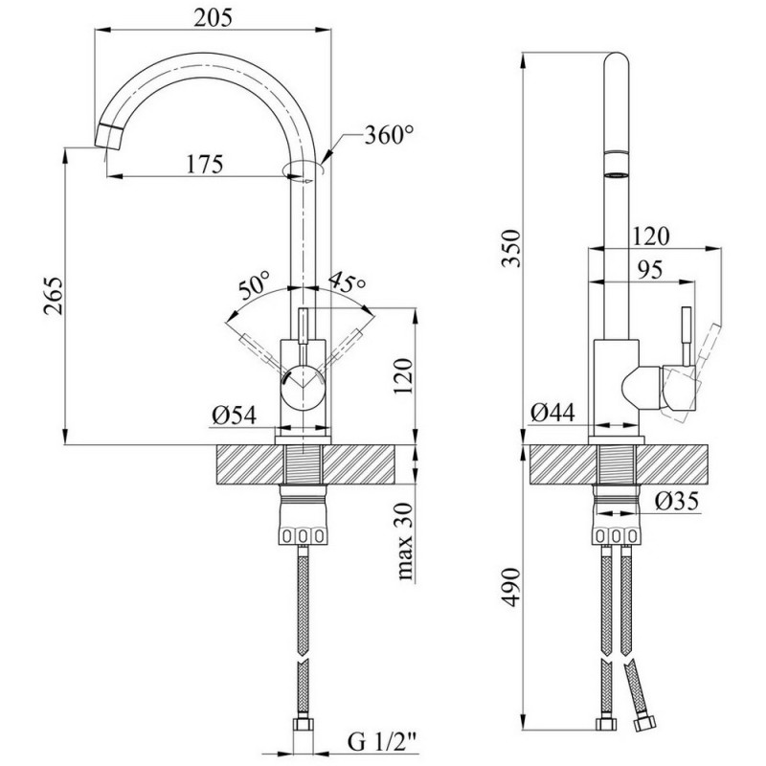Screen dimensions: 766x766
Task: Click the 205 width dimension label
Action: click(x=213, y=18)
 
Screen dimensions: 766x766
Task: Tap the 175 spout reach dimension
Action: click(x=205, y=164)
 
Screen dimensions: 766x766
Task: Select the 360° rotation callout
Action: click(x=389, y=135)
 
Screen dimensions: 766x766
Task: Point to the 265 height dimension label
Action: click(x=53, y=296)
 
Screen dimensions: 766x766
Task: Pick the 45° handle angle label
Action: click(x=347, y=282)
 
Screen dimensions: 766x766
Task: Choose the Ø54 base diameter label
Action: click(x=234, y=416)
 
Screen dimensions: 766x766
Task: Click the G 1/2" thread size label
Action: click(x=383, y=743)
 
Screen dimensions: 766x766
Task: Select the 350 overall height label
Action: click(x=511, y=248)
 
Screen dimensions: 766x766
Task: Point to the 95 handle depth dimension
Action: click(x=649, y=270)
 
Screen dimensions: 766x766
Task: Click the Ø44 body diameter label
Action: click(x=552, y=414)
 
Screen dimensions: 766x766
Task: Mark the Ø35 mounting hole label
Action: click(x=677, y=501)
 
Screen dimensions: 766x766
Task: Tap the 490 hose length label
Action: click(x=511, y=587)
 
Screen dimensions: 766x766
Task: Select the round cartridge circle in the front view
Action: click(x=303, y=387)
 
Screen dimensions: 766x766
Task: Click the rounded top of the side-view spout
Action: click(x=617, y=58)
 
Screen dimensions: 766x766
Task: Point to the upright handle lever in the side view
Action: click(x=687, y=335)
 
